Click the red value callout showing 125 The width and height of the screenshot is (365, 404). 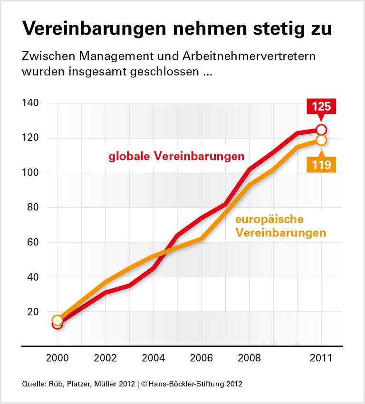321,106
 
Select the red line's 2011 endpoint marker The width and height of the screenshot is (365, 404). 321,130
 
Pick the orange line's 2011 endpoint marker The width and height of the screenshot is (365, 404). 321,140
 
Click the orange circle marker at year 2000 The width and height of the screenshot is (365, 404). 58,320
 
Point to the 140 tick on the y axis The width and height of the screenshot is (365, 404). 30,103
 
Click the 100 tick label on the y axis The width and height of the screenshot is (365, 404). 30,173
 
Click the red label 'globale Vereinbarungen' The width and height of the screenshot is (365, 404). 176,156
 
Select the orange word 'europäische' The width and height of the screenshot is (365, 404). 269,220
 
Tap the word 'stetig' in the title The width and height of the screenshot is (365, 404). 271,29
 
